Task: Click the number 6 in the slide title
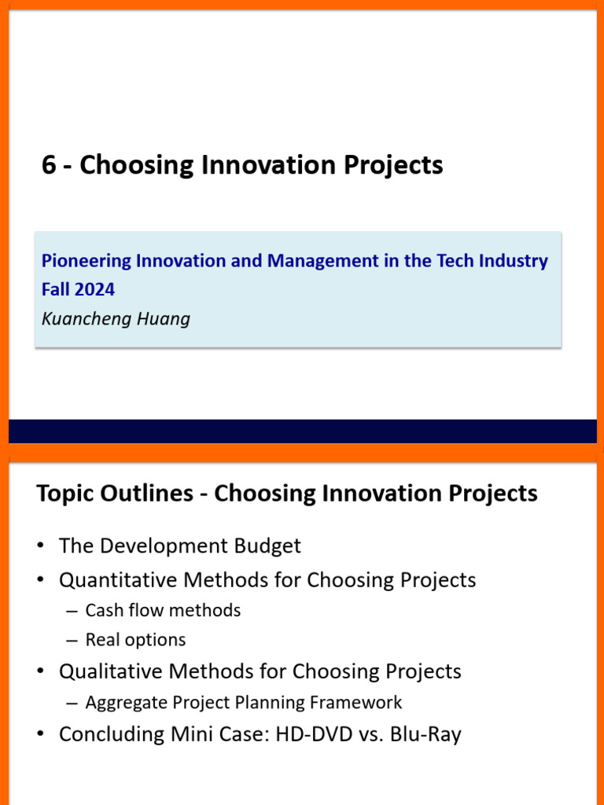(49, 165)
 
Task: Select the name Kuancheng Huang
(116, 318)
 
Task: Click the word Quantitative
(118, 580)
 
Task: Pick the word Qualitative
(111, 671)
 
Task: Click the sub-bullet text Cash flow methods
(163, 610)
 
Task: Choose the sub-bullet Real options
(135, 640)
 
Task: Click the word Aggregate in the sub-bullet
(123, 702)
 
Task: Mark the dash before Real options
(72, 640)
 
